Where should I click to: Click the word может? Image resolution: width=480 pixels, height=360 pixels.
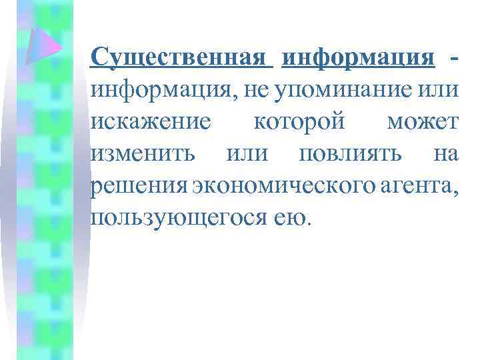pos(423,122)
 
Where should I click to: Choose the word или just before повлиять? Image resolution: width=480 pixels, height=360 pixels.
pos(247,154)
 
